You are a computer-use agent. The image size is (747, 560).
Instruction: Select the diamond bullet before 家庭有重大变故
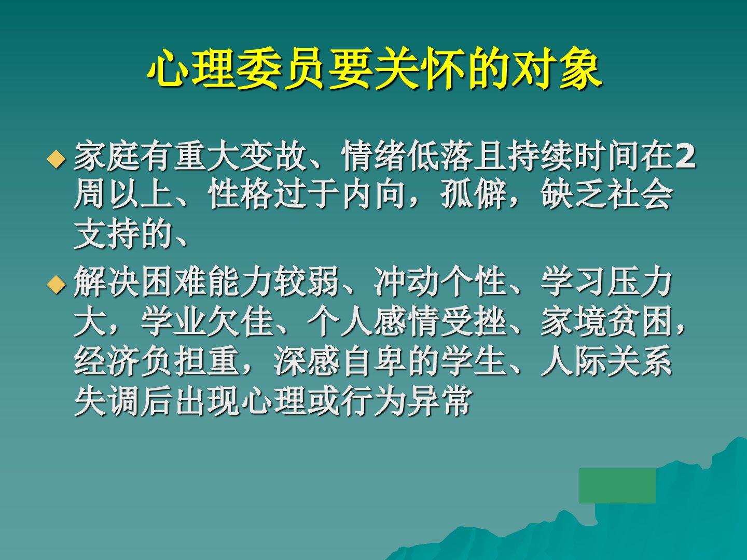tap(56, 159)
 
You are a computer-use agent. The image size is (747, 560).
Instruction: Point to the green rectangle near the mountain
tap(617, 485)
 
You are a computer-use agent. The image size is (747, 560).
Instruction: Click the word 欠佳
tap(240, 323)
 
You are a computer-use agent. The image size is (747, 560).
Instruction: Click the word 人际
tap(573, 362)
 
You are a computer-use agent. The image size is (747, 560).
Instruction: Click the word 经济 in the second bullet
tap(107, 362)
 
